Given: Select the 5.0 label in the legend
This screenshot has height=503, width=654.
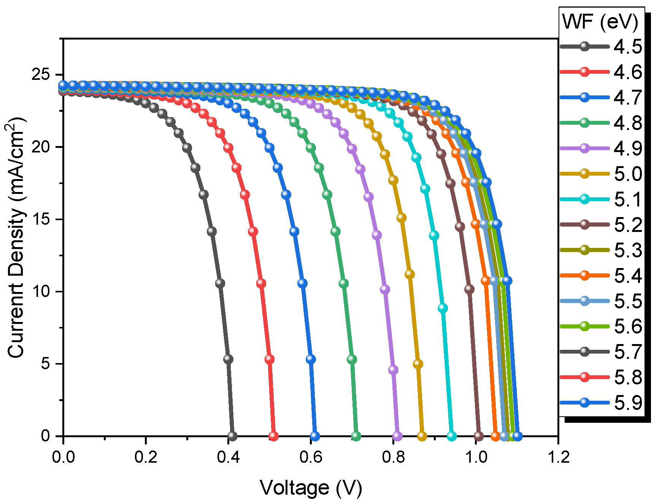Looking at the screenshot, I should pos(627,174).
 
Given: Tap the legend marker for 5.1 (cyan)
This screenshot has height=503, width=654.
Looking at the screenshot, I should pos(585,200).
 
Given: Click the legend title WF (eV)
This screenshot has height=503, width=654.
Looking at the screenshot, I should pos(600,22).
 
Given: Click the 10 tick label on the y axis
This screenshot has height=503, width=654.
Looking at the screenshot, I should pos(41,292).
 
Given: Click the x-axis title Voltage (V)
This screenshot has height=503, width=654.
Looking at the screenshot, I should pos(311,488).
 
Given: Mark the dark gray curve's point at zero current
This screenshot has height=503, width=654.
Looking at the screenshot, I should pos(232,436).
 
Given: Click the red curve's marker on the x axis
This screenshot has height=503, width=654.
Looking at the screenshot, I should pos(273,436).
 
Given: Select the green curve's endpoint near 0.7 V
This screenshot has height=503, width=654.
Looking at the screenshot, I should pos(356,436).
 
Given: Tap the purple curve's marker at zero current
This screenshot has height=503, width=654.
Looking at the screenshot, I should pos(397,436).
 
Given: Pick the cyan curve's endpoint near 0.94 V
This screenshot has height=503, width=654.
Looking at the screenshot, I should pos(451,436).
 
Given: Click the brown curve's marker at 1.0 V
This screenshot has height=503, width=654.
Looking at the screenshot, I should pos(479,436).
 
